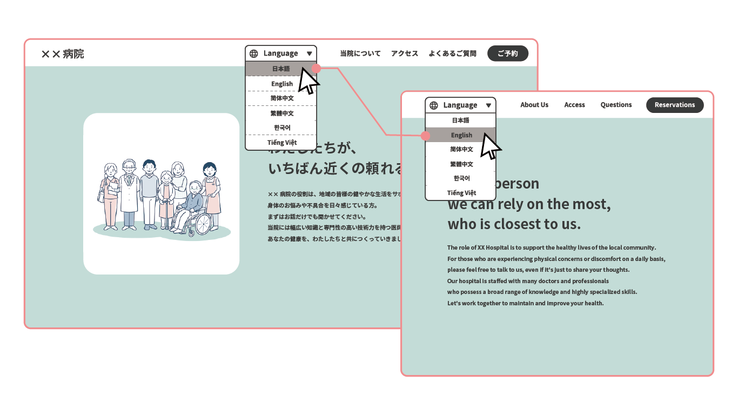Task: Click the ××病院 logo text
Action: tap(63, 54)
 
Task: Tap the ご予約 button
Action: tap(507, 53)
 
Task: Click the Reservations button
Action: tap(674, 105)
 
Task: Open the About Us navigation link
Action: tap(534, 105)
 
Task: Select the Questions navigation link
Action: tap(616, 105)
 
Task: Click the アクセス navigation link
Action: tap(405, 53)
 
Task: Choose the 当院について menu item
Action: tap(360, 53)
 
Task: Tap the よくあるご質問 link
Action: tap(452, 53)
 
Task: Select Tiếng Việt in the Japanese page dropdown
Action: tap(281, 143)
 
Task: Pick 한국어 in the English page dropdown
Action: tap(461, 178)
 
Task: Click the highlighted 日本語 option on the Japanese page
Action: tap(280, 69)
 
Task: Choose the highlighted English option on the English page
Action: tap(461, 135)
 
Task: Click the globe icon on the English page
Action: tap(433, 105)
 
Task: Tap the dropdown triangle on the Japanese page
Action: tap(309, 53)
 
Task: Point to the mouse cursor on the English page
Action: tap(489, 146)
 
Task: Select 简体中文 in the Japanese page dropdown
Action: tap(281, 98)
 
